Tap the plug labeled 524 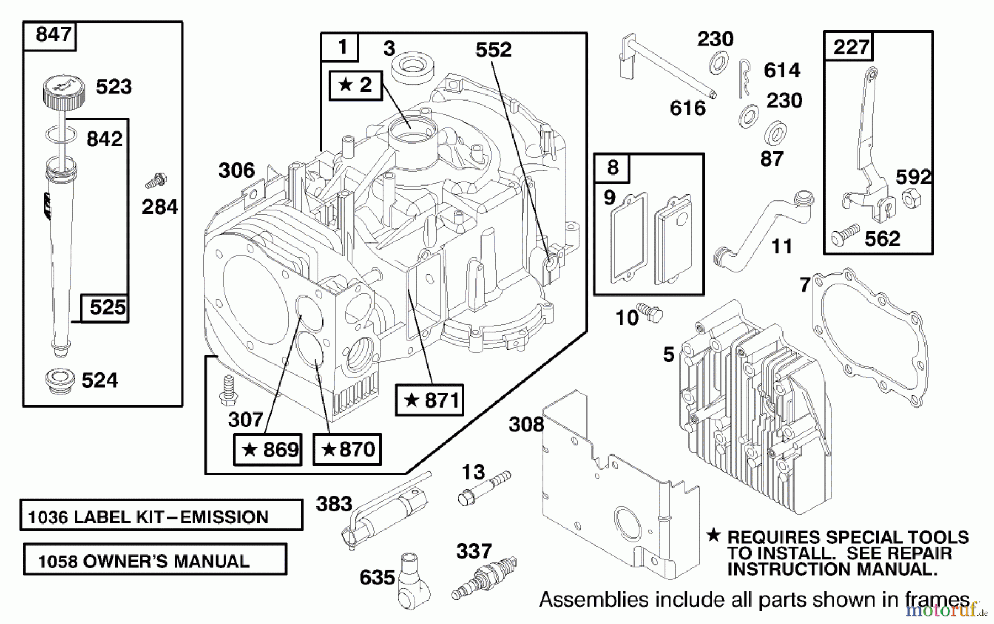pyautogui.click(x=60, y=381)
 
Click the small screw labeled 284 pyautogui.click(x=156, y=180)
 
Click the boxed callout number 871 pyautogui.click(x=430, y=400)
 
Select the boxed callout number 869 pyautogui.click(x=268, y=450)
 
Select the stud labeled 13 pyautogui.click(x=483, y=486)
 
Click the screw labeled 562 pyautogui.click(x=845, y=234)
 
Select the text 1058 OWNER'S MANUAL pyautogui.click(x=144, y=562)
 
